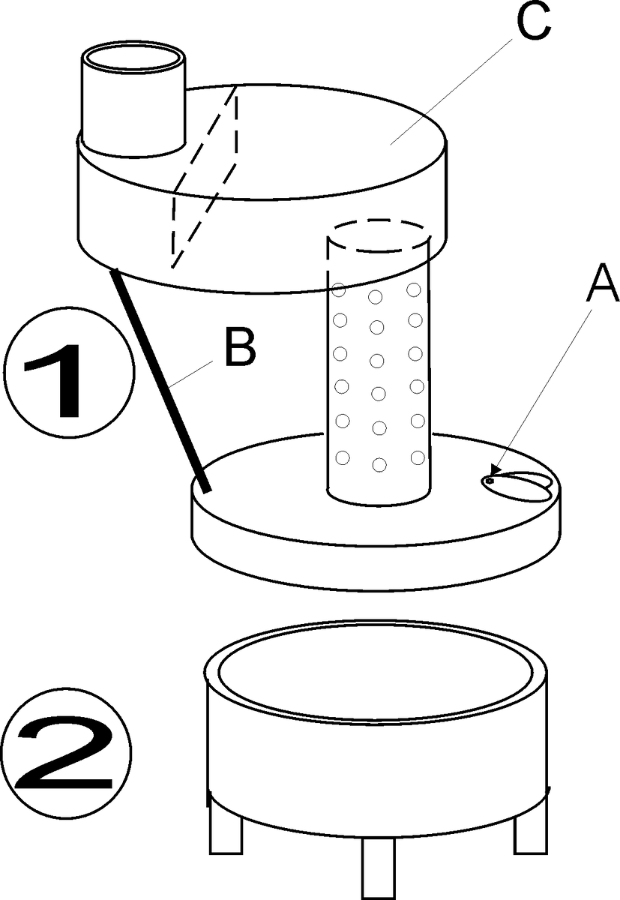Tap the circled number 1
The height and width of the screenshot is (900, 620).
tap(68, 367)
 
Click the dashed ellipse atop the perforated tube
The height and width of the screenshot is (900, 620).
tap(379, 237)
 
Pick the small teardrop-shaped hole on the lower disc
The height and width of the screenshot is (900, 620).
tap(520, 484)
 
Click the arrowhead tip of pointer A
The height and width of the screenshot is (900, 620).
tap(490, 480)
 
